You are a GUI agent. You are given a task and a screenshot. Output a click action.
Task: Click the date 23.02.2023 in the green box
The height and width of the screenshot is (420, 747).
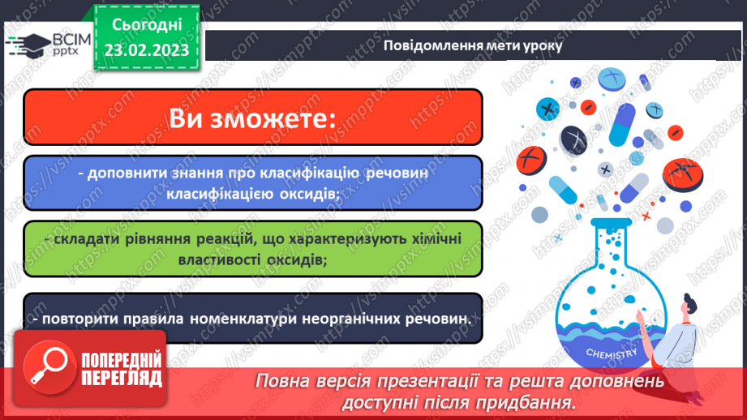point(146,49)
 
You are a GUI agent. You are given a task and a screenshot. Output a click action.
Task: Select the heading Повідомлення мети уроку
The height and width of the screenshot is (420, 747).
point(473,45)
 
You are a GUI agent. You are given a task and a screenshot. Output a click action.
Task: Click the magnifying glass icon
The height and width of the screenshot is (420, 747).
point(42,366)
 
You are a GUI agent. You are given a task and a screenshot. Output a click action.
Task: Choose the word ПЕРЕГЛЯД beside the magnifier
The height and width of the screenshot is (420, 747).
point(122,378)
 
